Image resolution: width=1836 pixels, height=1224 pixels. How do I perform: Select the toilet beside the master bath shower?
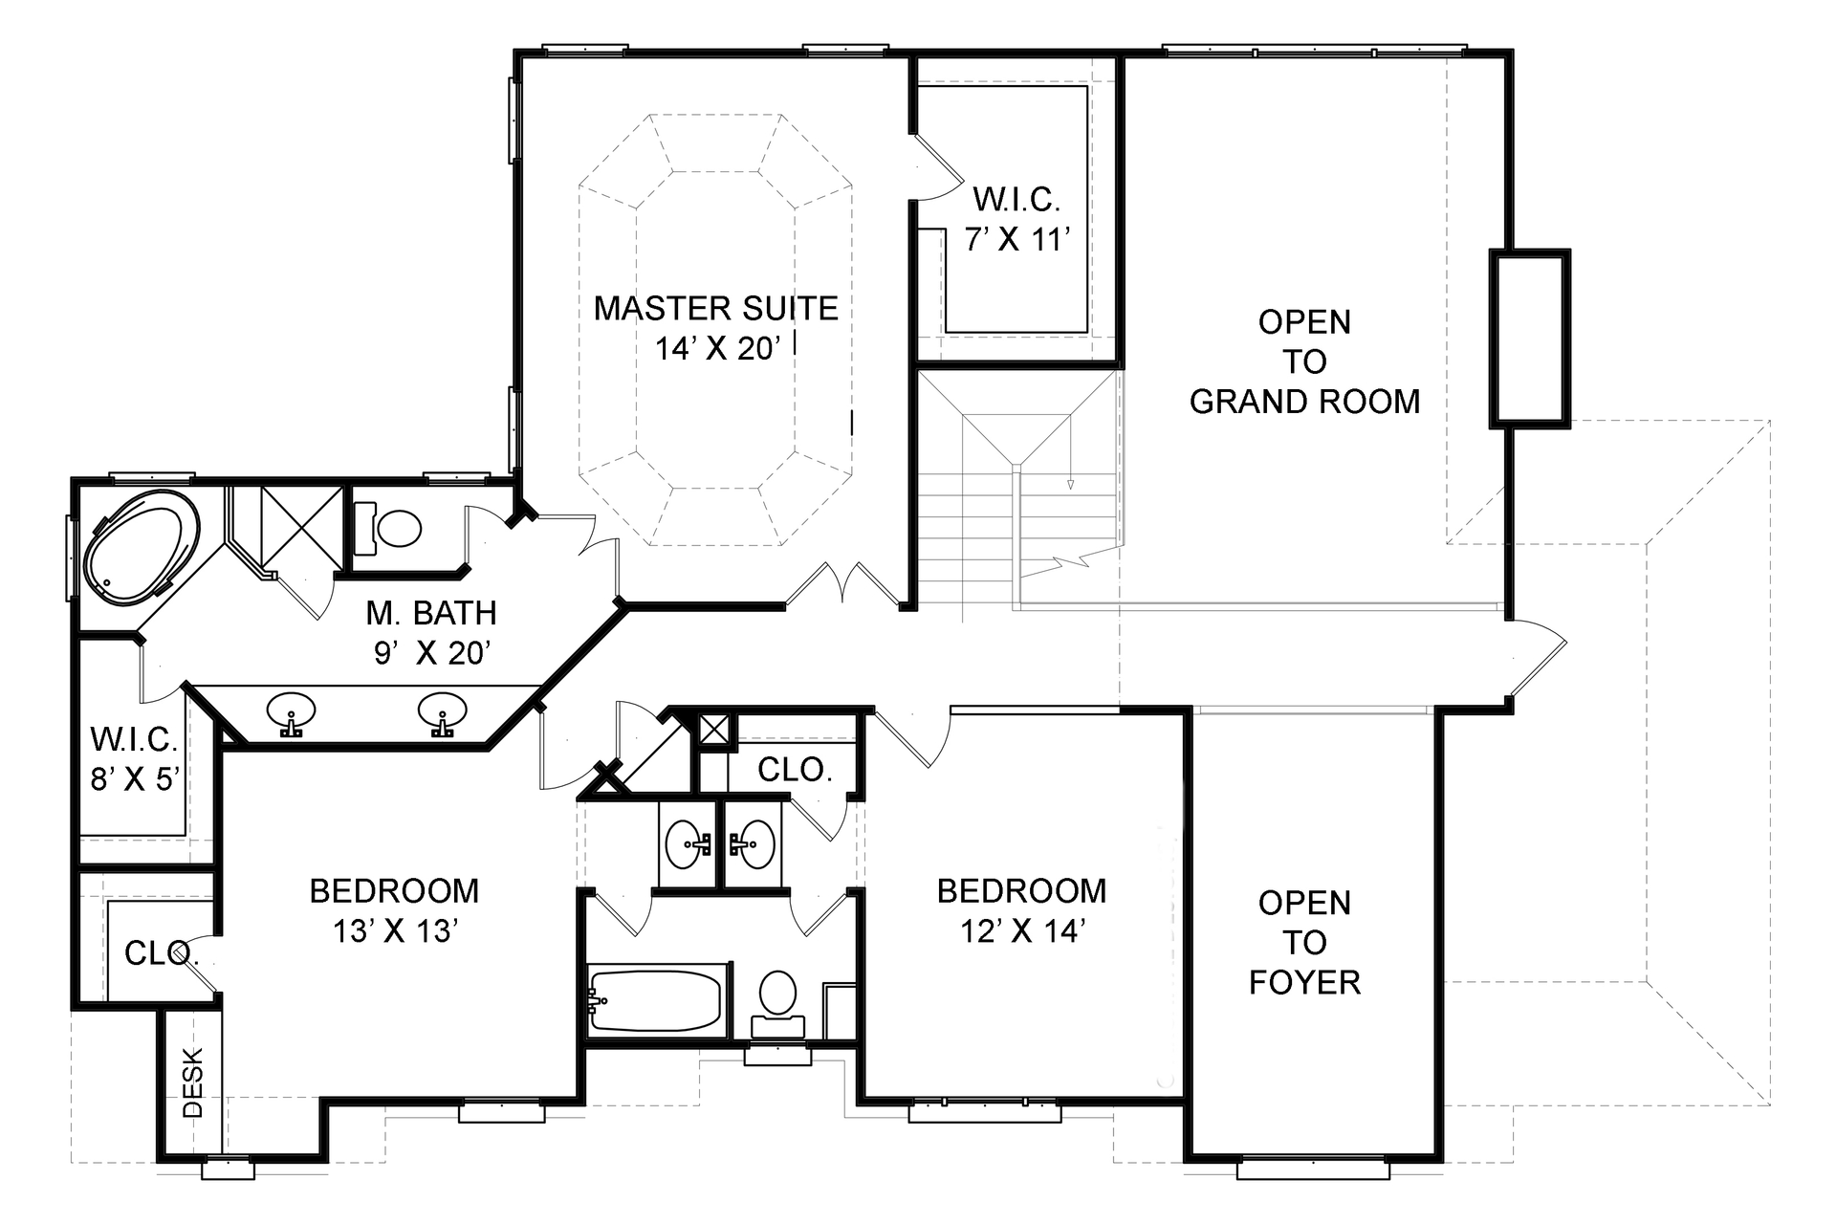398,528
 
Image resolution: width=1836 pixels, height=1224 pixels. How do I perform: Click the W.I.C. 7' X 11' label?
1016,219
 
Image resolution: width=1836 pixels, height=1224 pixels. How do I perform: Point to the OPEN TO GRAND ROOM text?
1304,361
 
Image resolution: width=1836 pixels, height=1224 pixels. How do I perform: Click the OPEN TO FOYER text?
1304,942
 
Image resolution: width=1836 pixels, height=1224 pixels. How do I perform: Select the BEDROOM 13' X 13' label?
394,909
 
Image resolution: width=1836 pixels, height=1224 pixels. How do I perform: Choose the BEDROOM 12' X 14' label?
1021,909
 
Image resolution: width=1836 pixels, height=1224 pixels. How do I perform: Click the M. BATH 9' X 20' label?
432,631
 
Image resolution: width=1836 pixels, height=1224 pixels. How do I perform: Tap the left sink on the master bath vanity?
291,711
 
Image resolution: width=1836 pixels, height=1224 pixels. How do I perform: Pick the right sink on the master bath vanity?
442,710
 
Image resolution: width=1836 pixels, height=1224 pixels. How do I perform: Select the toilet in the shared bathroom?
777,994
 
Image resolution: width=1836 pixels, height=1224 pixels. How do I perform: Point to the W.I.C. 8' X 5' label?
134,758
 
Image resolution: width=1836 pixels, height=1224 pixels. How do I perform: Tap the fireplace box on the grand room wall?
1530,337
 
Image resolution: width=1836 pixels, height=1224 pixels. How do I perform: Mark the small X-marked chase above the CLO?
713,729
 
